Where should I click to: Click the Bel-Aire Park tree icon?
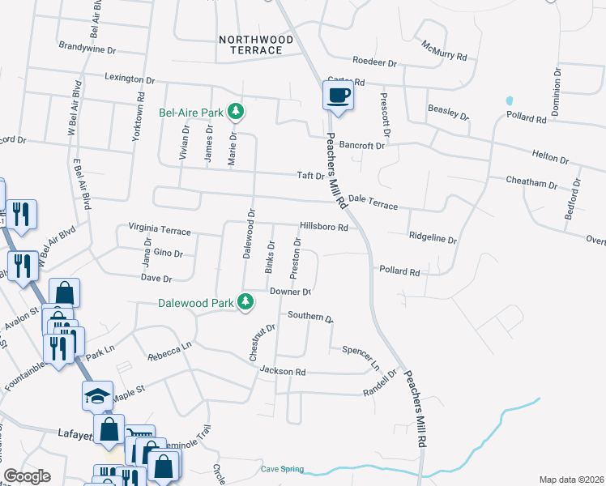tap(236, 110)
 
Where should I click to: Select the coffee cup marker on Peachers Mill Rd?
tap(338, 96)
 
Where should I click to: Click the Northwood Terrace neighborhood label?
tap(250, 44)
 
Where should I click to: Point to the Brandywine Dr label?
tap(88, 49)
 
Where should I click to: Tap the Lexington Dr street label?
tap(129, 80)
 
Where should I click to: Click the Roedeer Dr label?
tap(374, 62)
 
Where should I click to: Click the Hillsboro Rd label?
tap(323, 228)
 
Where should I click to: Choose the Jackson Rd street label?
tap(282, 372)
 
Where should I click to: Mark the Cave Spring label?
tap(282, 469)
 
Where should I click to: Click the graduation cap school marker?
tap(97, 395)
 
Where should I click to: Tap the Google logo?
tap(27, 476)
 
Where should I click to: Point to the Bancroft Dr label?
tap(361, 145)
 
